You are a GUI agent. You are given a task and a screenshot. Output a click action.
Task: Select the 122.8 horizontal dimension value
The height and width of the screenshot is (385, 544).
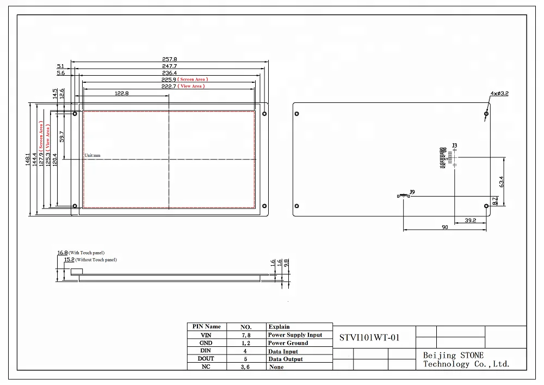click(x=121, y=93)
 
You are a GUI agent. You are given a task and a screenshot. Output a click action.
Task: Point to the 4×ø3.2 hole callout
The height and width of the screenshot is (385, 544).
click(x=499, y=94)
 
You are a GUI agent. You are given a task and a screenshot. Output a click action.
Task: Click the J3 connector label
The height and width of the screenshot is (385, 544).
click(x=455, y=145)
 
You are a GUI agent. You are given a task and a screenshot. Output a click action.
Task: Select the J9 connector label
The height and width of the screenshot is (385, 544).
click(x=412, y=192)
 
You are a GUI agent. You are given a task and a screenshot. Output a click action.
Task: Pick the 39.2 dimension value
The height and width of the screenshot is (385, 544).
click(x=471, y=221)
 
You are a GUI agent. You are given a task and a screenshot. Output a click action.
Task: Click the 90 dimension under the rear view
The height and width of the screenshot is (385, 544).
click(x=444, y=228)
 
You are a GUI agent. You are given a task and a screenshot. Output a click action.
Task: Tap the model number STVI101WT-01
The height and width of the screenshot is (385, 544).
click(x=369, y=338)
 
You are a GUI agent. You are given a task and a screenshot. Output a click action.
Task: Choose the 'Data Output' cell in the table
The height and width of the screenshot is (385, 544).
click(x=286, y=359)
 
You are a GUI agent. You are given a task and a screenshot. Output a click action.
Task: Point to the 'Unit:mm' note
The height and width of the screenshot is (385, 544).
click(x=92, y=156)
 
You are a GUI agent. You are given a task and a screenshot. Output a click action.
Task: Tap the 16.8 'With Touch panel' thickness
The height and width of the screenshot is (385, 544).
click(x=62, y=253)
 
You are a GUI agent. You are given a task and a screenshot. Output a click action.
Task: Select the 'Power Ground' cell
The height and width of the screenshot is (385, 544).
click(x=288, y=343)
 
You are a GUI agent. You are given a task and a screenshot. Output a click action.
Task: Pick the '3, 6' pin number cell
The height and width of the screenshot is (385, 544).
click(x=246, y=368)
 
